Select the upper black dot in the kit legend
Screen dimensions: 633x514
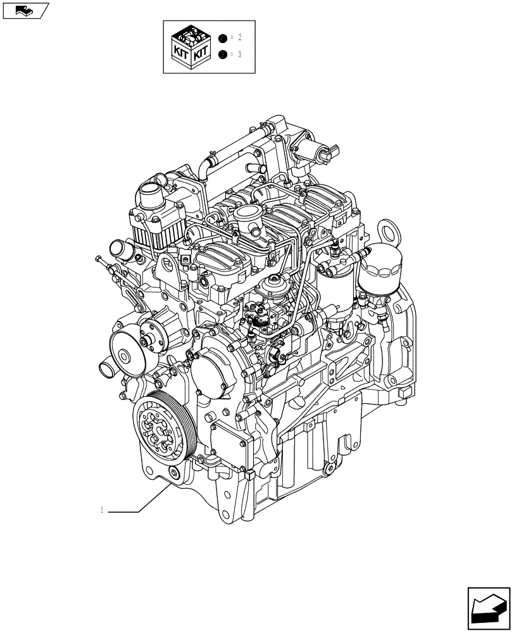click(x=222, y=39)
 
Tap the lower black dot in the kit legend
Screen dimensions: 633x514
click(x=222, y=55)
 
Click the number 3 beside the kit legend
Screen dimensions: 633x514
click(x=240, y=55)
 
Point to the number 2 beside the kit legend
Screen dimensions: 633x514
click(x=240, y=39)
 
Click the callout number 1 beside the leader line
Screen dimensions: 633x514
click(x=102, y=510)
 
